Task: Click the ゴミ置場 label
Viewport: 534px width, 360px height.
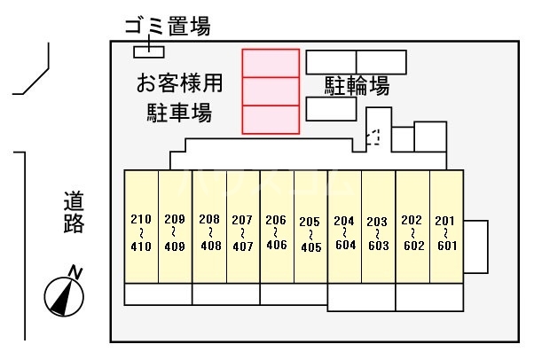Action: click(168, 27)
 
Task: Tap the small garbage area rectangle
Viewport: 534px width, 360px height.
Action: click(149, 51)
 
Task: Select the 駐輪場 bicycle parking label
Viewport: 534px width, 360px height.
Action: click(357, 85)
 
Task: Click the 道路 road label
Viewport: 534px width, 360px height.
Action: click(74, 213)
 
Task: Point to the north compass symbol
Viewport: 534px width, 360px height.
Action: click(64, 296)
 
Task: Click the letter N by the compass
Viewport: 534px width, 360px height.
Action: click(75, 273)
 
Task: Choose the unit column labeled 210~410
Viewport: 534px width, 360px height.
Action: click(141, 226)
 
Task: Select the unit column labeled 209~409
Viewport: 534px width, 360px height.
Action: click(176, 226)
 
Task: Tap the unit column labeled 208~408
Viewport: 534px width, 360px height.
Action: click(209, 226)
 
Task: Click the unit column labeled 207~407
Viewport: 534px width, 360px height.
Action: click(243, 226)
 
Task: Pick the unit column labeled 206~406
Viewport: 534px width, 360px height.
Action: click(277, 226)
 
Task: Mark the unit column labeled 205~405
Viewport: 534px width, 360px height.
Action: click(310, 226)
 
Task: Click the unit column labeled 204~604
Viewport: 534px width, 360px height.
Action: click(345, 226)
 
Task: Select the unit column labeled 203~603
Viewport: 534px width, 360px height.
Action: click(379, 226)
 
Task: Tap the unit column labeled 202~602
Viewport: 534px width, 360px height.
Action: click(412, 226)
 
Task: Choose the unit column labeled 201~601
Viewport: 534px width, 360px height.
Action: click(446, 226)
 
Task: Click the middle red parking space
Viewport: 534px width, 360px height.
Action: click(271, 91)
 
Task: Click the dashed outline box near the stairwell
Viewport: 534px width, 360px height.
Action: click(373, 137)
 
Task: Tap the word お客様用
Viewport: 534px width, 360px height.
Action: click(179, 82)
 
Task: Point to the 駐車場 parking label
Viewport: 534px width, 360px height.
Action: click(179, 113)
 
